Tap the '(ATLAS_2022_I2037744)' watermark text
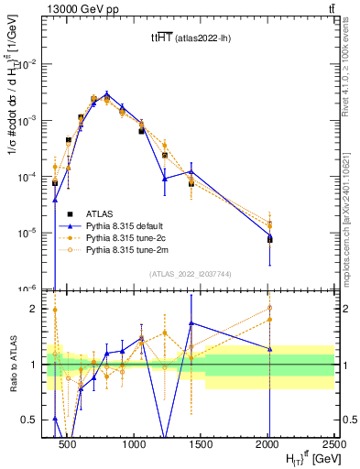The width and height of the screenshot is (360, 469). [x=189, y=274]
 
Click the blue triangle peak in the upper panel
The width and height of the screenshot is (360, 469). [x=107, y=93]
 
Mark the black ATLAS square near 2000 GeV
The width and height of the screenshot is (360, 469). [x=269, y=239]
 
